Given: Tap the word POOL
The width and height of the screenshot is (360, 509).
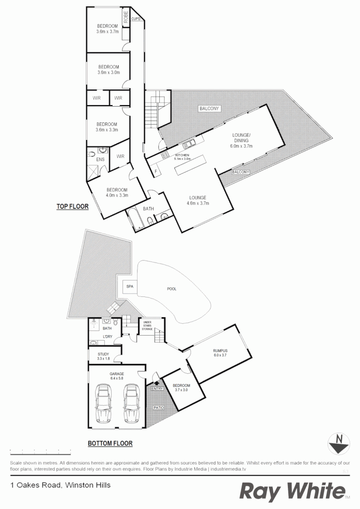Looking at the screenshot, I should pyautogui.click(x=172, y=289).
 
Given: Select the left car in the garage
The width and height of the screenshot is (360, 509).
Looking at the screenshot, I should pyautogui.click(x=103, y=403).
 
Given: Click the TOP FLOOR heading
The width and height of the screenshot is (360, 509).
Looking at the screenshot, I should pyautogui.click(x=73, y=206).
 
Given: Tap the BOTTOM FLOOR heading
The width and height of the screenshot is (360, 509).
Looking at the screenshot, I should pyautogui.click(x=110, y=443).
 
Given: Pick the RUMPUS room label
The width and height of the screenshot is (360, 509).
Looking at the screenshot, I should pyautogui.click(x=220, y=351).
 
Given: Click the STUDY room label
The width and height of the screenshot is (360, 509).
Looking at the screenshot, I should pyautogui.click(x=103, y=354).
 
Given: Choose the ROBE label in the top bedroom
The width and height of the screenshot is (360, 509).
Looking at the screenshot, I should pyautogui.click(x=126, y=17).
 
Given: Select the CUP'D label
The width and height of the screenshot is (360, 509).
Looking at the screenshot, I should pyautogui.click(x=136, y=19).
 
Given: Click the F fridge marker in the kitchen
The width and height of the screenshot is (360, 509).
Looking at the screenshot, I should pyautogui.click(x=155, y=170).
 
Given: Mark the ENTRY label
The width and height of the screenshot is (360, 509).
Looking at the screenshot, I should pyautogui.click(x=157, y=389).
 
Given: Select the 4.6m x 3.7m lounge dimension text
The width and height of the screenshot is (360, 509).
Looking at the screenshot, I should pyautogui.click(x=198, y=203).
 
